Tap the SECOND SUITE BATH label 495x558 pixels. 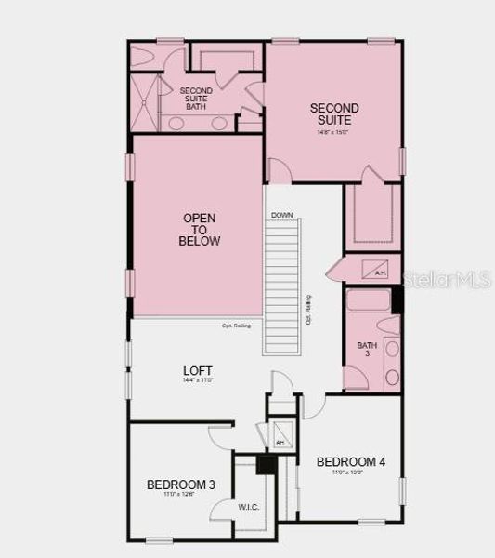tap(196, 97)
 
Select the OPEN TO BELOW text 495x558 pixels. tap(200, 230)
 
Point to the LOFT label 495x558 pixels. tap(198, 370)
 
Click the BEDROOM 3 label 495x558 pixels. tap(181, 485)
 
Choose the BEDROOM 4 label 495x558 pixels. tap(351, 461)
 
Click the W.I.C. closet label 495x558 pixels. tap(248, 507)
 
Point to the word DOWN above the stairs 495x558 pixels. tap(282, 216)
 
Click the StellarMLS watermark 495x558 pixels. tap(444, 277)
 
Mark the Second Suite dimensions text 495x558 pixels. tap(334, 132)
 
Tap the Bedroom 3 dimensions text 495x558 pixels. tap(181, 495)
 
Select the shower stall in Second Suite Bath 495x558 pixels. tap(146, 100)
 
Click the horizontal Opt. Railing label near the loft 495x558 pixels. tap(235, 325)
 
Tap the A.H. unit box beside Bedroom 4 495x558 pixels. tap(280, 437)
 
